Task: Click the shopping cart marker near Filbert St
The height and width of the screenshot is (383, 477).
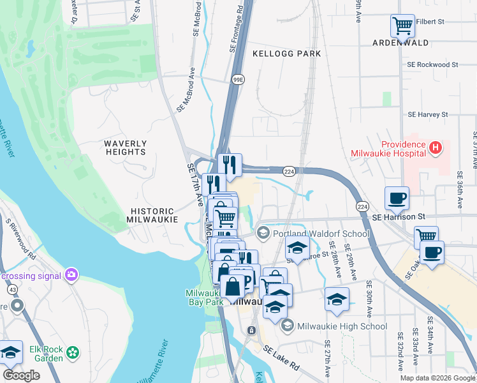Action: (402, 26)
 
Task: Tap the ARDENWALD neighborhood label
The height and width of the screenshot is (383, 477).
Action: (401, 43)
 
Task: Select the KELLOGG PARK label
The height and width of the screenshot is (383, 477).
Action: (287, 54)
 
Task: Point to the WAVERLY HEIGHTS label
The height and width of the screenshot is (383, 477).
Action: (126, 148)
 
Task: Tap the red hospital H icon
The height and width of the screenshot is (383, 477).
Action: (436, 148)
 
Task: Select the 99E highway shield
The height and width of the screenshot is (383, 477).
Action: (238, 79)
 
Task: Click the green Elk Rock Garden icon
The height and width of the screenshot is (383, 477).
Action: (74, 352)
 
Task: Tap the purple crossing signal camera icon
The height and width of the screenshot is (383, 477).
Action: (70, 276)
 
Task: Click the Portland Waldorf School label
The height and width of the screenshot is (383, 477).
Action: (321, 234)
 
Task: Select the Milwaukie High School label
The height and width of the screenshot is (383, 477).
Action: (342, 326)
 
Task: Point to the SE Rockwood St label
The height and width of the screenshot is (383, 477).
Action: (433, 64)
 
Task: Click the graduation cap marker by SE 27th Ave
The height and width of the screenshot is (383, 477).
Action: (337, 299)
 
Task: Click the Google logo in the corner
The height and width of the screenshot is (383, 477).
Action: (20, 375)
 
